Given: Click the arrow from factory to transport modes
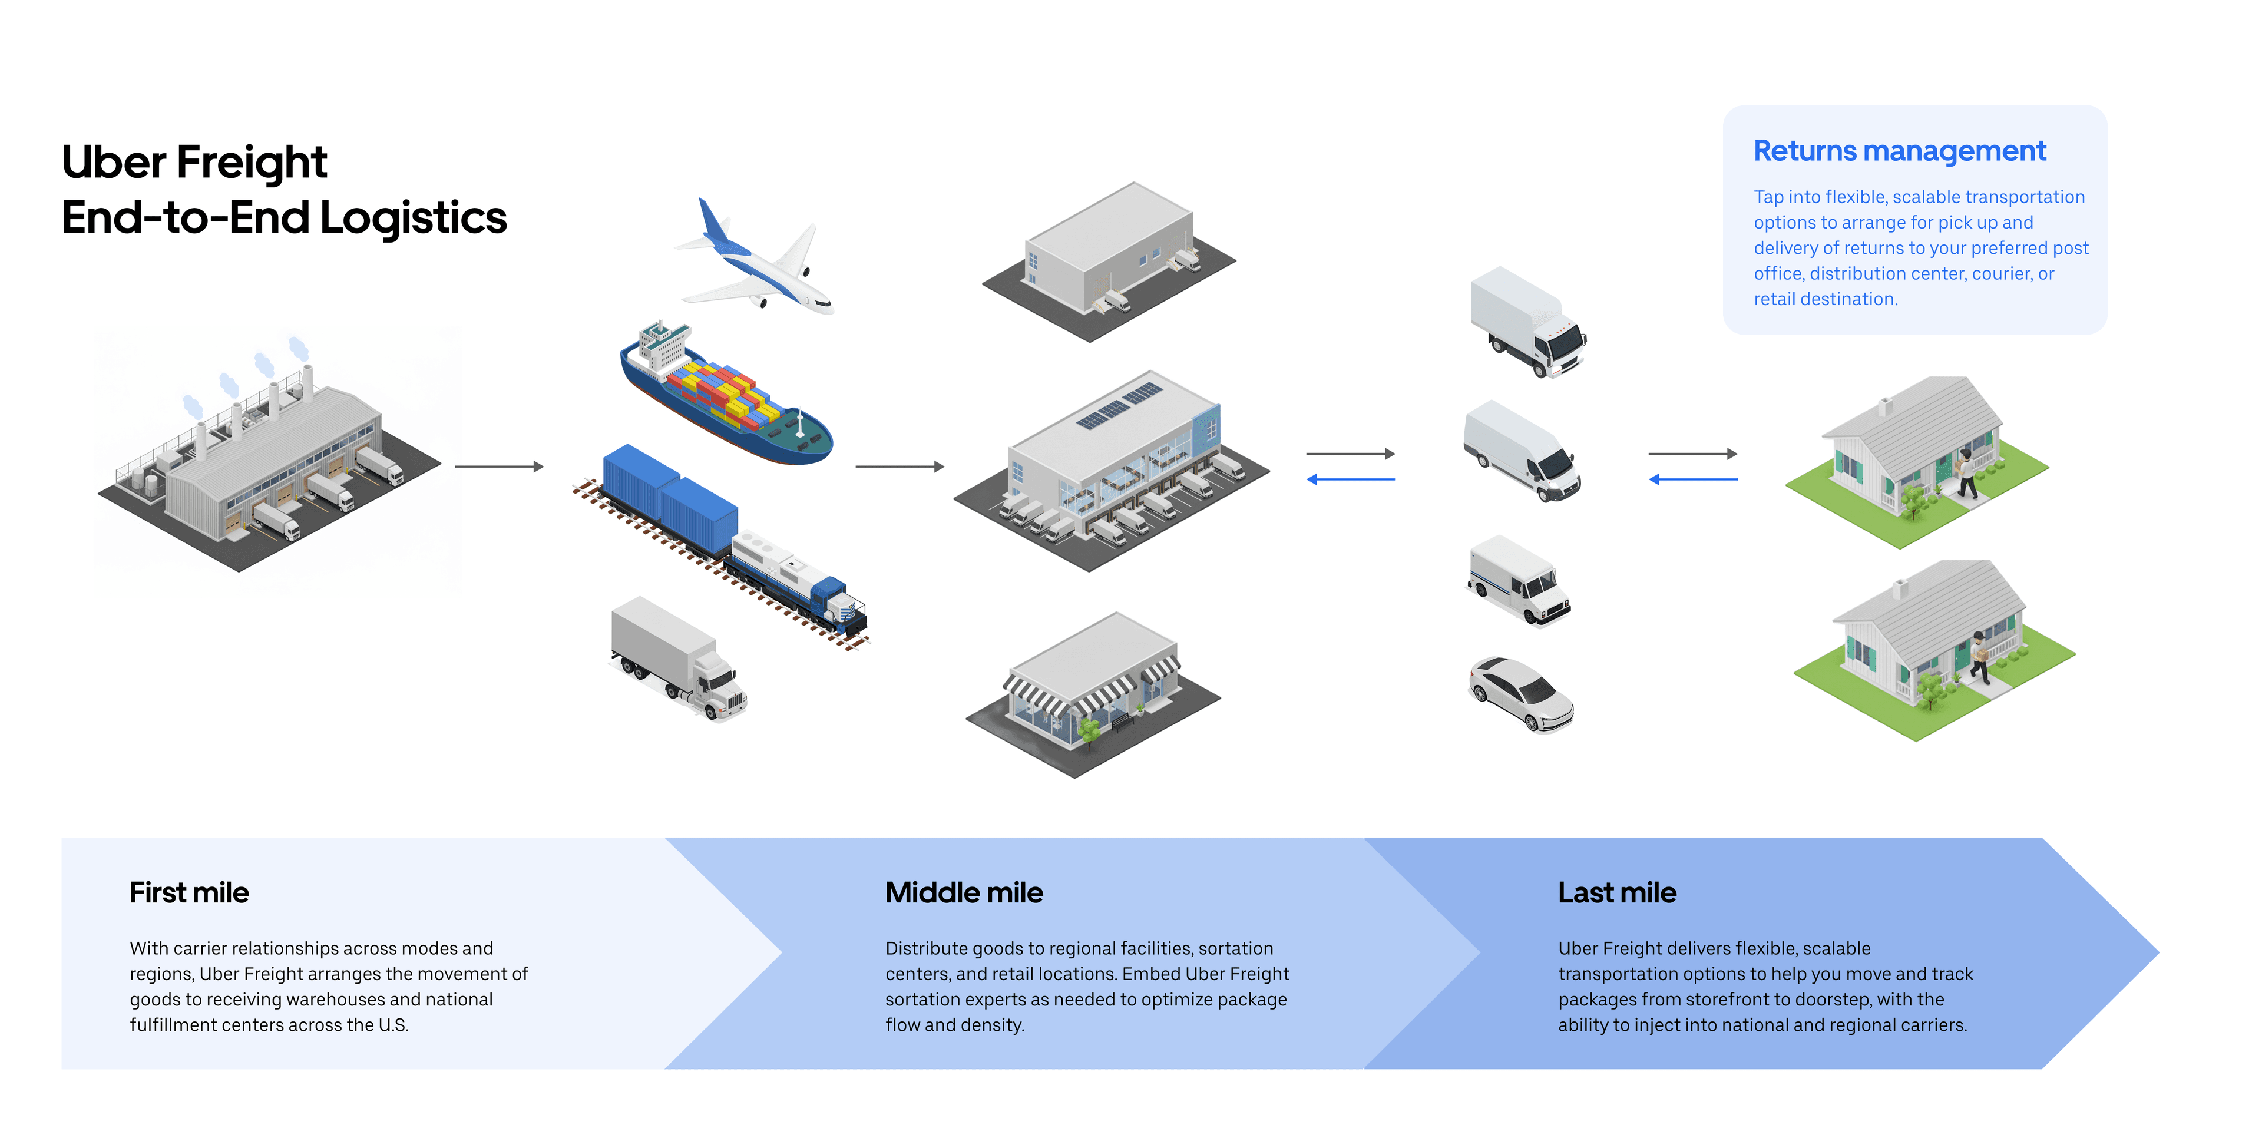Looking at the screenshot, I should click(499, 467).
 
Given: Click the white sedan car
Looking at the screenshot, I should click(1522, 694).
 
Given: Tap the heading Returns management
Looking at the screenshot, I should click(1899, 151).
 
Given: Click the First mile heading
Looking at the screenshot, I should click(188, 892).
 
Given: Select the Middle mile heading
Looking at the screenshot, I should click(963, 892).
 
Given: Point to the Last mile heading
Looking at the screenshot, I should click(1616, 892).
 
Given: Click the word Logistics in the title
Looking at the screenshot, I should click(413, 218).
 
